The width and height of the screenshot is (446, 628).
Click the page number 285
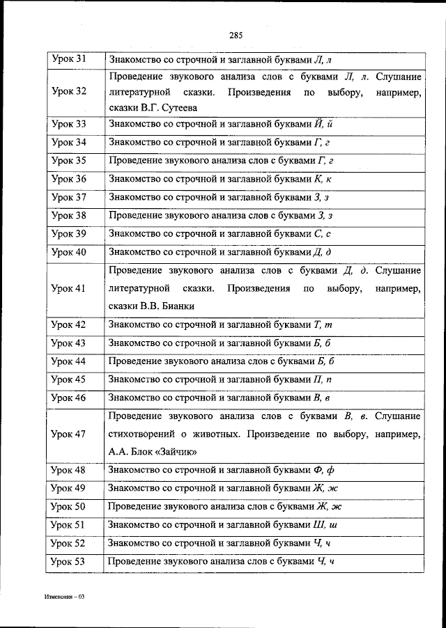click(234, 36)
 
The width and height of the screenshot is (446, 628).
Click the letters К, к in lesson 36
click(325, 179)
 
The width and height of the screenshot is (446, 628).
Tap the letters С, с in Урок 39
click(323, 233)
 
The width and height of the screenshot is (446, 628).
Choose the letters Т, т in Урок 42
click(325, 324)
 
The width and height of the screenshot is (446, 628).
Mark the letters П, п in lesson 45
click(324, 379)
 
